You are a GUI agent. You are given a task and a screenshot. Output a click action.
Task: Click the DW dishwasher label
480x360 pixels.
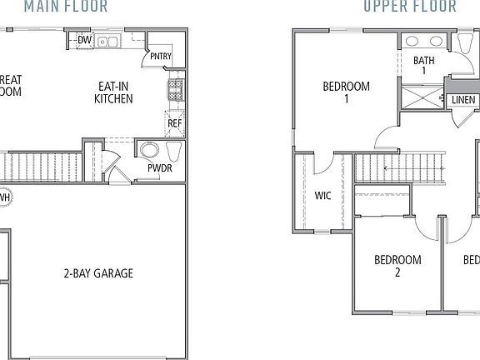click(x=84, y=40)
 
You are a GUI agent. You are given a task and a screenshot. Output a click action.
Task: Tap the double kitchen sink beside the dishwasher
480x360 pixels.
click(x=107, y=41)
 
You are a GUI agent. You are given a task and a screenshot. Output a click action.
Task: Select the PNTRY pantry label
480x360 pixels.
click(x=160, y=57)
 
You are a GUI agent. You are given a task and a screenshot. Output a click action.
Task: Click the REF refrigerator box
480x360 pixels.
click(x=174, y=123)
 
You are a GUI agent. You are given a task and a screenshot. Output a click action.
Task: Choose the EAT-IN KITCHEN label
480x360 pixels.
click(x=113, y=92)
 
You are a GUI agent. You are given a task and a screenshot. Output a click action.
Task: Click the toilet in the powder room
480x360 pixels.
click(x=173, y=152)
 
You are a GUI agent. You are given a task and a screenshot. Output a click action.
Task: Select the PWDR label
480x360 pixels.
click(x=159, y=167)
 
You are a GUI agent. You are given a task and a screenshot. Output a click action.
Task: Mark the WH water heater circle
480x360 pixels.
click(x=4, y=198)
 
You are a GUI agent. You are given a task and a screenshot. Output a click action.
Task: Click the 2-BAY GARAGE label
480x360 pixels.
click(x=97, y=272)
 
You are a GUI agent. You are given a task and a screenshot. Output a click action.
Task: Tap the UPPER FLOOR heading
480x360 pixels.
click(x=409, y=7)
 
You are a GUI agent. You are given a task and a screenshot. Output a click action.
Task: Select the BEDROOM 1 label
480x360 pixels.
click(x=346, y=92)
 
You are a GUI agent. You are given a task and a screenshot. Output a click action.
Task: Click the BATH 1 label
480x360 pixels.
click(x=425, y=65)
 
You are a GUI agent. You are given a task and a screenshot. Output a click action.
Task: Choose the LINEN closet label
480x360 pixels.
click(x=463, y=101)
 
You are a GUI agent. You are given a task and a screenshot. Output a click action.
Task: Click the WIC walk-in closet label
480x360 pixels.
click(x=322, y=197)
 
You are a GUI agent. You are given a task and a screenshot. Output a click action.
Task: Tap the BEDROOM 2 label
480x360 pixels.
click(x=397, y=266)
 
